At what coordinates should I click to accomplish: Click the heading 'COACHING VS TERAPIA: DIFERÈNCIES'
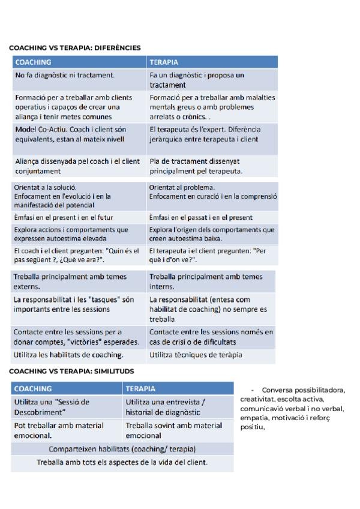click(75, 47)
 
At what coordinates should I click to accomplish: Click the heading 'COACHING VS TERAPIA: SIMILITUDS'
click(71, 372)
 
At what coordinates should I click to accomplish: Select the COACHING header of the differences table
click(33, 62)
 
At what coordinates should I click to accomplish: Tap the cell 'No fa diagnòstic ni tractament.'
click(64, 76)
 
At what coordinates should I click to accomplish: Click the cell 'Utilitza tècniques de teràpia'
click(196, 355)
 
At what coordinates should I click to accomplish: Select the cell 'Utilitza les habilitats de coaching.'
click(68, 355)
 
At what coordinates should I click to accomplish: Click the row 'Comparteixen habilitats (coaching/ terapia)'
click(122, 448)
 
